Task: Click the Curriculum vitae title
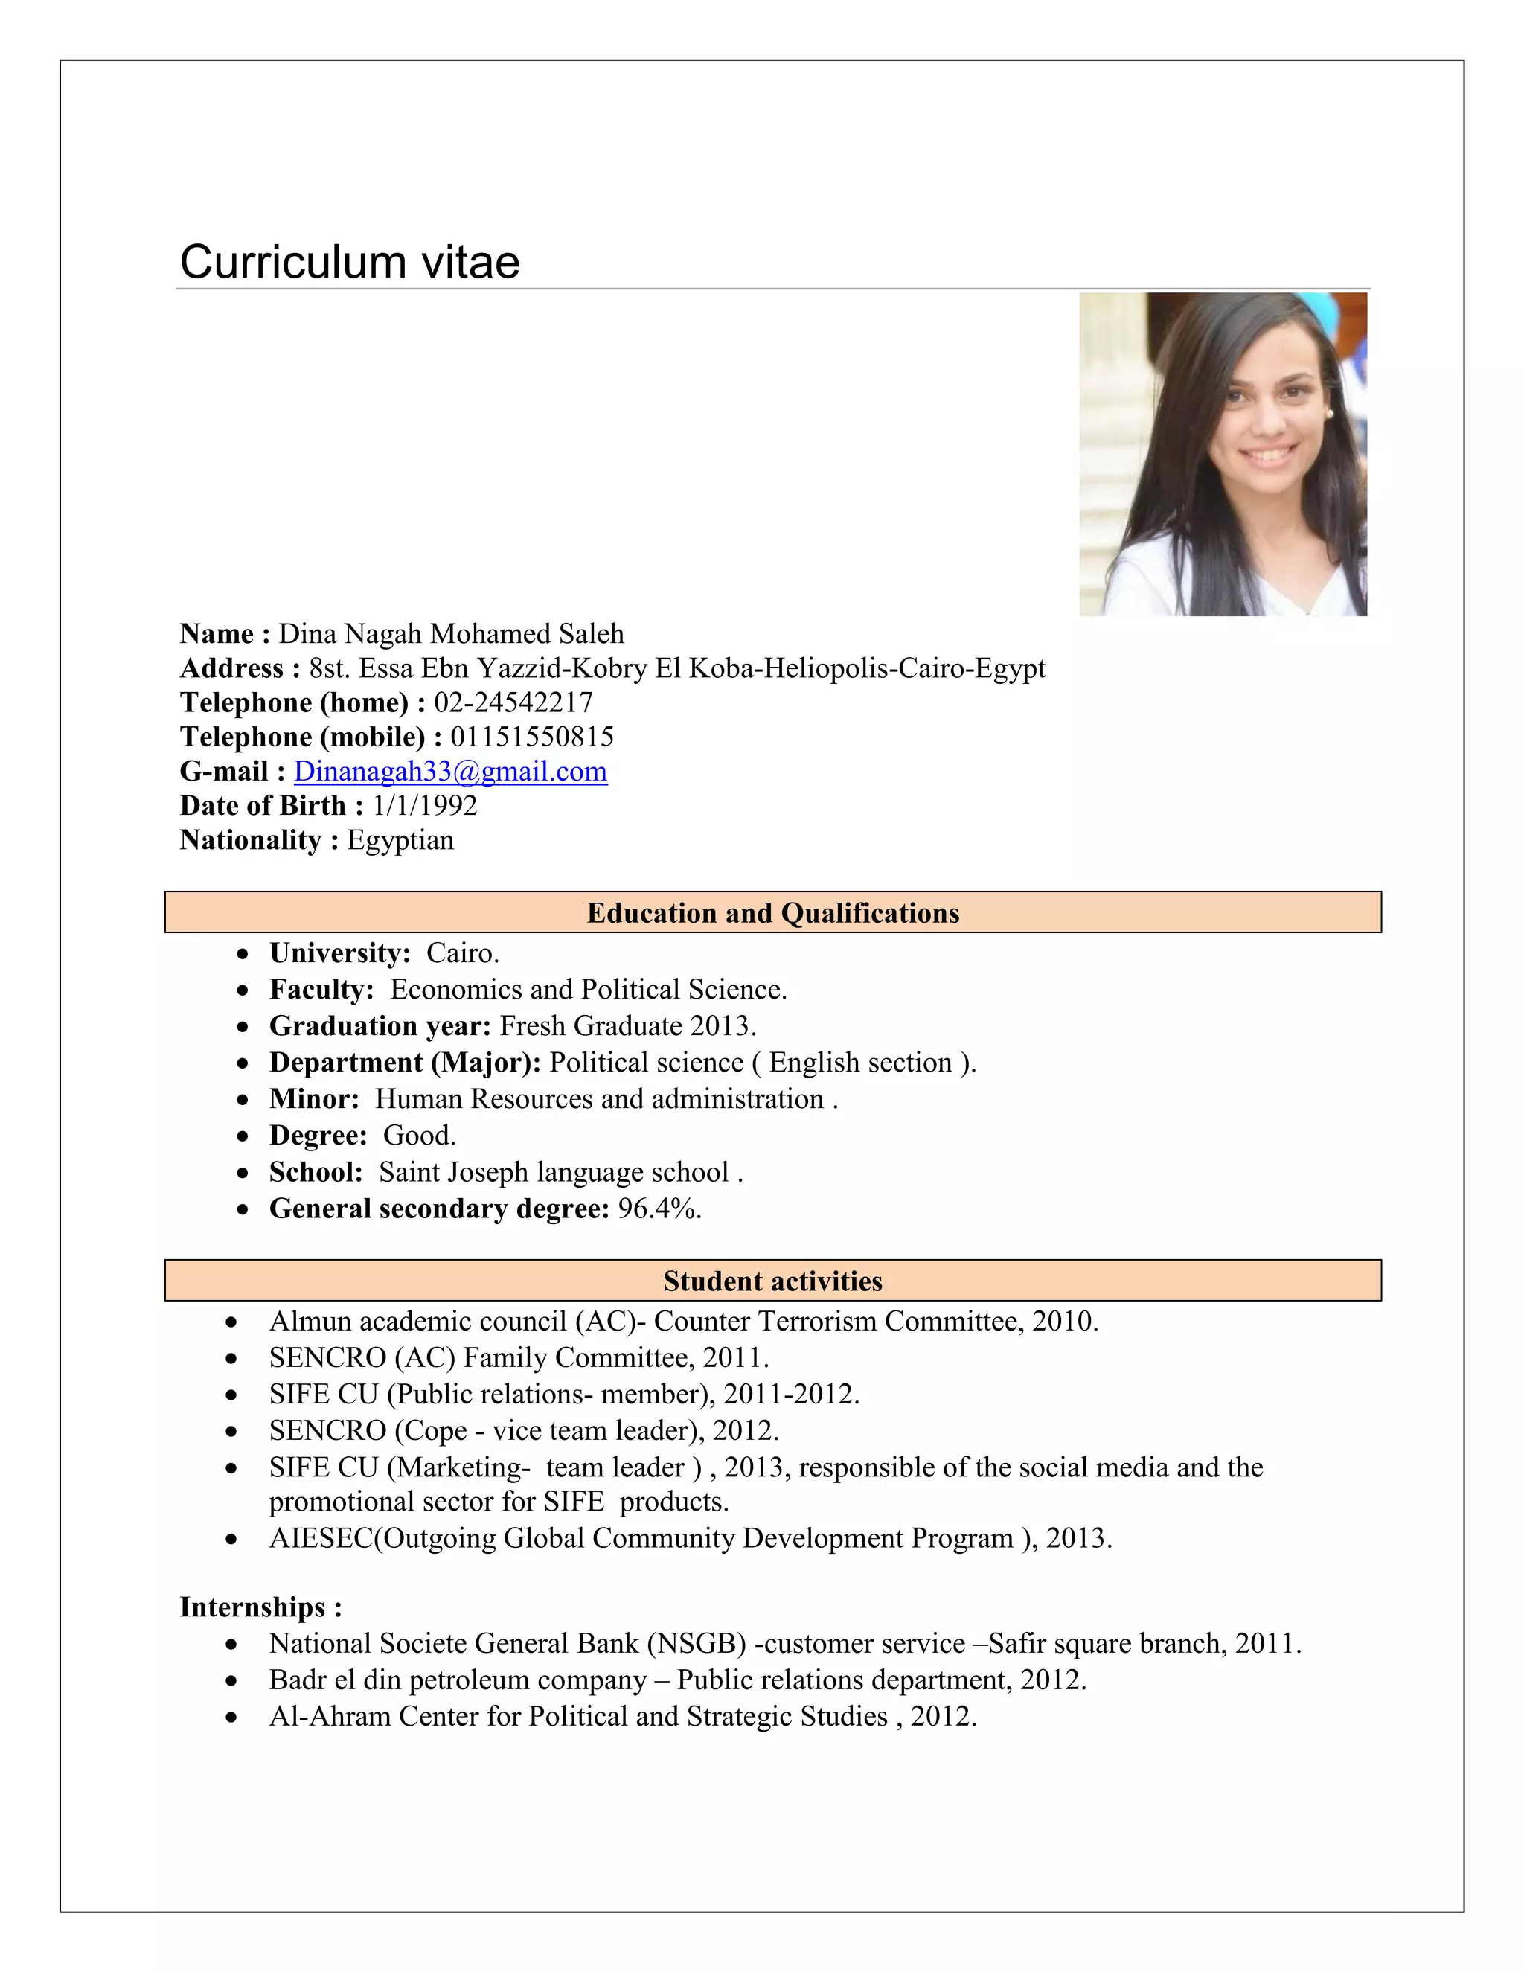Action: click(x=350, y=263)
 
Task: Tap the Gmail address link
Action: click(x=449, y=772)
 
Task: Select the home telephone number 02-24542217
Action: click(x=513, y=703)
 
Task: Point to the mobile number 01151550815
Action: click(x=532, y=737)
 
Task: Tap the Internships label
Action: click(x=260, y=1607)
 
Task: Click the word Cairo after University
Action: click(x=461, y=953)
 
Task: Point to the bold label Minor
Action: click(x=313, y=1099)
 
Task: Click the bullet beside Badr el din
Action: click(x=232, y=1681)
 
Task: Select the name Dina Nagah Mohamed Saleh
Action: click(x=450, y=635)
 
